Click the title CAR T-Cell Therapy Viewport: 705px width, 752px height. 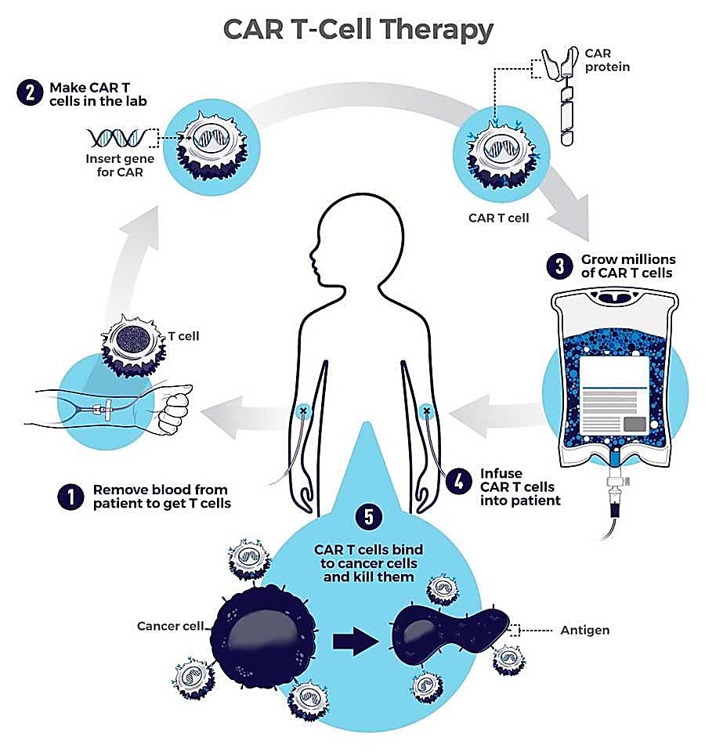pyautogui.click(x=358, y=30)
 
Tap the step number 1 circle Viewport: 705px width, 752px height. pyautogui.click(x=70, y=497)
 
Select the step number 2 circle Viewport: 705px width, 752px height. pyautogui.click(x=28, y=92)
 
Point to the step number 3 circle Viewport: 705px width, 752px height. pyautogui.click(x=559, y=266)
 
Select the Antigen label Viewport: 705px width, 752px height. pyautogui.click(x=585, y=629)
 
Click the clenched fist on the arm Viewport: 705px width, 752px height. pyautogui.click(x=175, y=410)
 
